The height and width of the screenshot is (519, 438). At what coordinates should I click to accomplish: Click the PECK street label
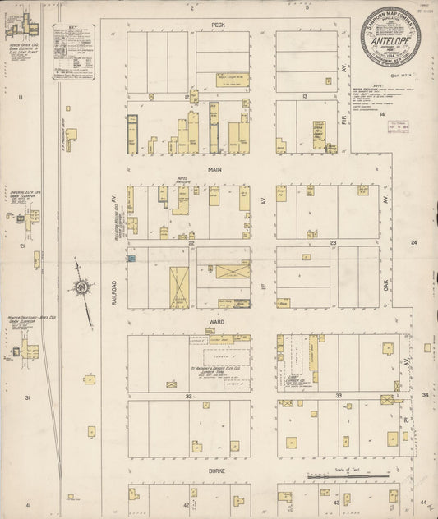218,25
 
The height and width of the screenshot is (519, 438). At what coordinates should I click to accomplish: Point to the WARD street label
216,321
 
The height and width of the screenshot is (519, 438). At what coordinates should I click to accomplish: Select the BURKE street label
216,471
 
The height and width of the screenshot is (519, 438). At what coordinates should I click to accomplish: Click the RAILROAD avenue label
114,296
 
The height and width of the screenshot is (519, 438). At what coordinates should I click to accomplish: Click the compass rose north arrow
82,287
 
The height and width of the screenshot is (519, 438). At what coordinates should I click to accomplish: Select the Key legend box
74,53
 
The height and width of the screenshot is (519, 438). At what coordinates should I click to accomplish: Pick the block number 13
304,96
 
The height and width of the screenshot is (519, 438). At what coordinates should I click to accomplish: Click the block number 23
334,243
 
